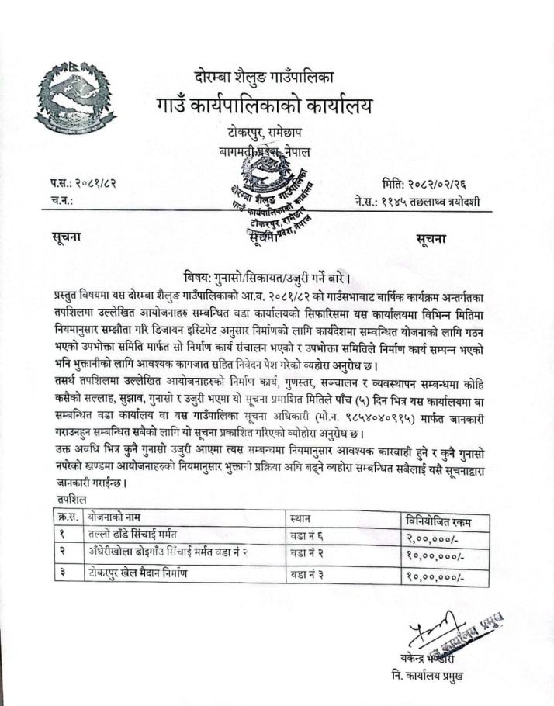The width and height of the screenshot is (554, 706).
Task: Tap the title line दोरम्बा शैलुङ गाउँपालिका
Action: (264, 76)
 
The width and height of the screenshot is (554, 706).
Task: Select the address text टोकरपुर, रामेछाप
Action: (261, 133)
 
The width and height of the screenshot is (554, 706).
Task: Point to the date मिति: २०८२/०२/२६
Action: (431, 184)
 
